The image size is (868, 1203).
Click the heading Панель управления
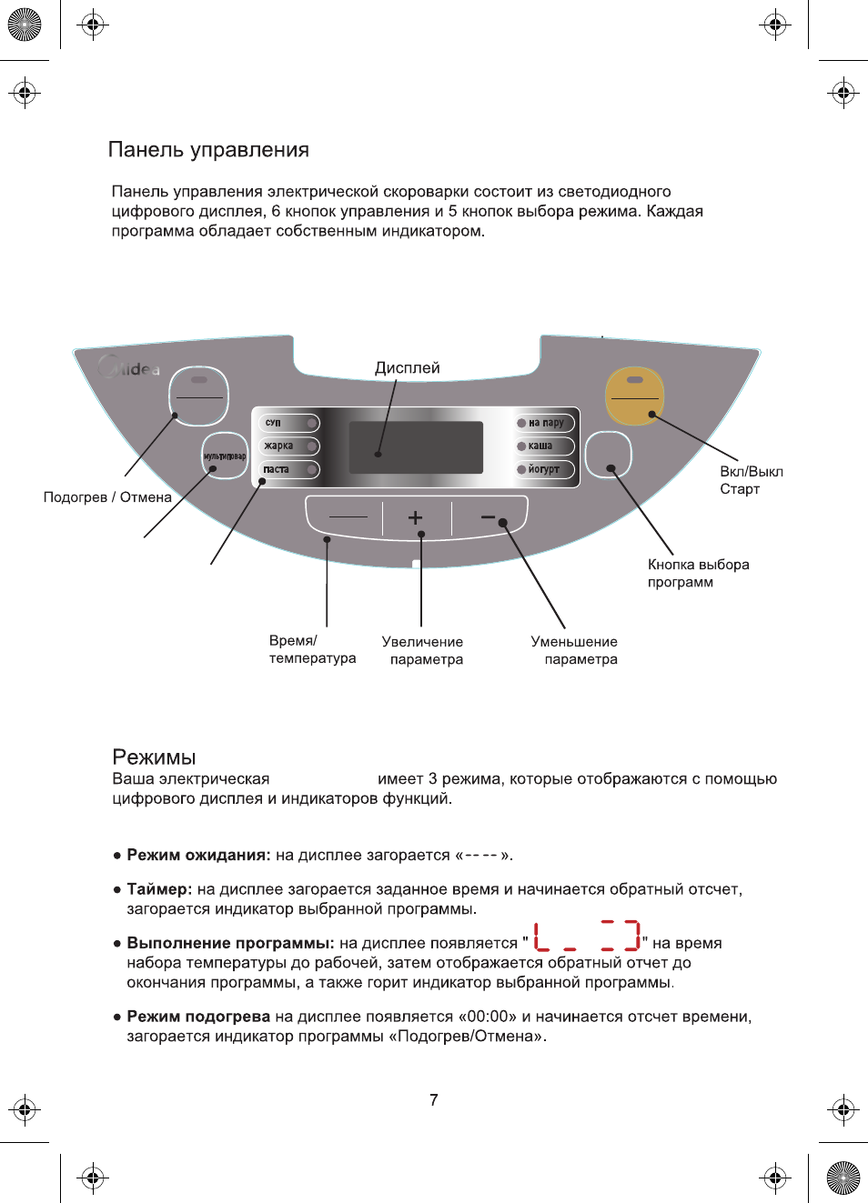[x=208, y=150]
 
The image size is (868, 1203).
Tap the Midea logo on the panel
[x=130, y=368]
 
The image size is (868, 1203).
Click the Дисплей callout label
[x=407, y=367]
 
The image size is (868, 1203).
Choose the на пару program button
[x=545, y=423]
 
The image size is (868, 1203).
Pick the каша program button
[x=545, y=446]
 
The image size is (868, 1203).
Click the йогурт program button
[x=545, y=470]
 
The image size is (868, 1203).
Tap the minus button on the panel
[x=489, y=517]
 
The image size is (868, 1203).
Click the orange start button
[x=635, y=396]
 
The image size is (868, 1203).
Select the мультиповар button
[x=224, y=456]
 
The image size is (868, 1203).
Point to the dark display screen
[x=416, y=447]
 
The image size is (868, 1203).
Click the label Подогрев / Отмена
[x=107, y=497]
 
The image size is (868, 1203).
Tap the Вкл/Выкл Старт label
[x=751, y=480]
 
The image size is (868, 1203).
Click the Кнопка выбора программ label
[x=698, y=573]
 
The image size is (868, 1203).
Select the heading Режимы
[x=154, y=757]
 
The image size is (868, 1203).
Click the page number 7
[x=434, y=1100]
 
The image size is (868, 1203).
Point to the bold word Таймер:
[x=159, y=889]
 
